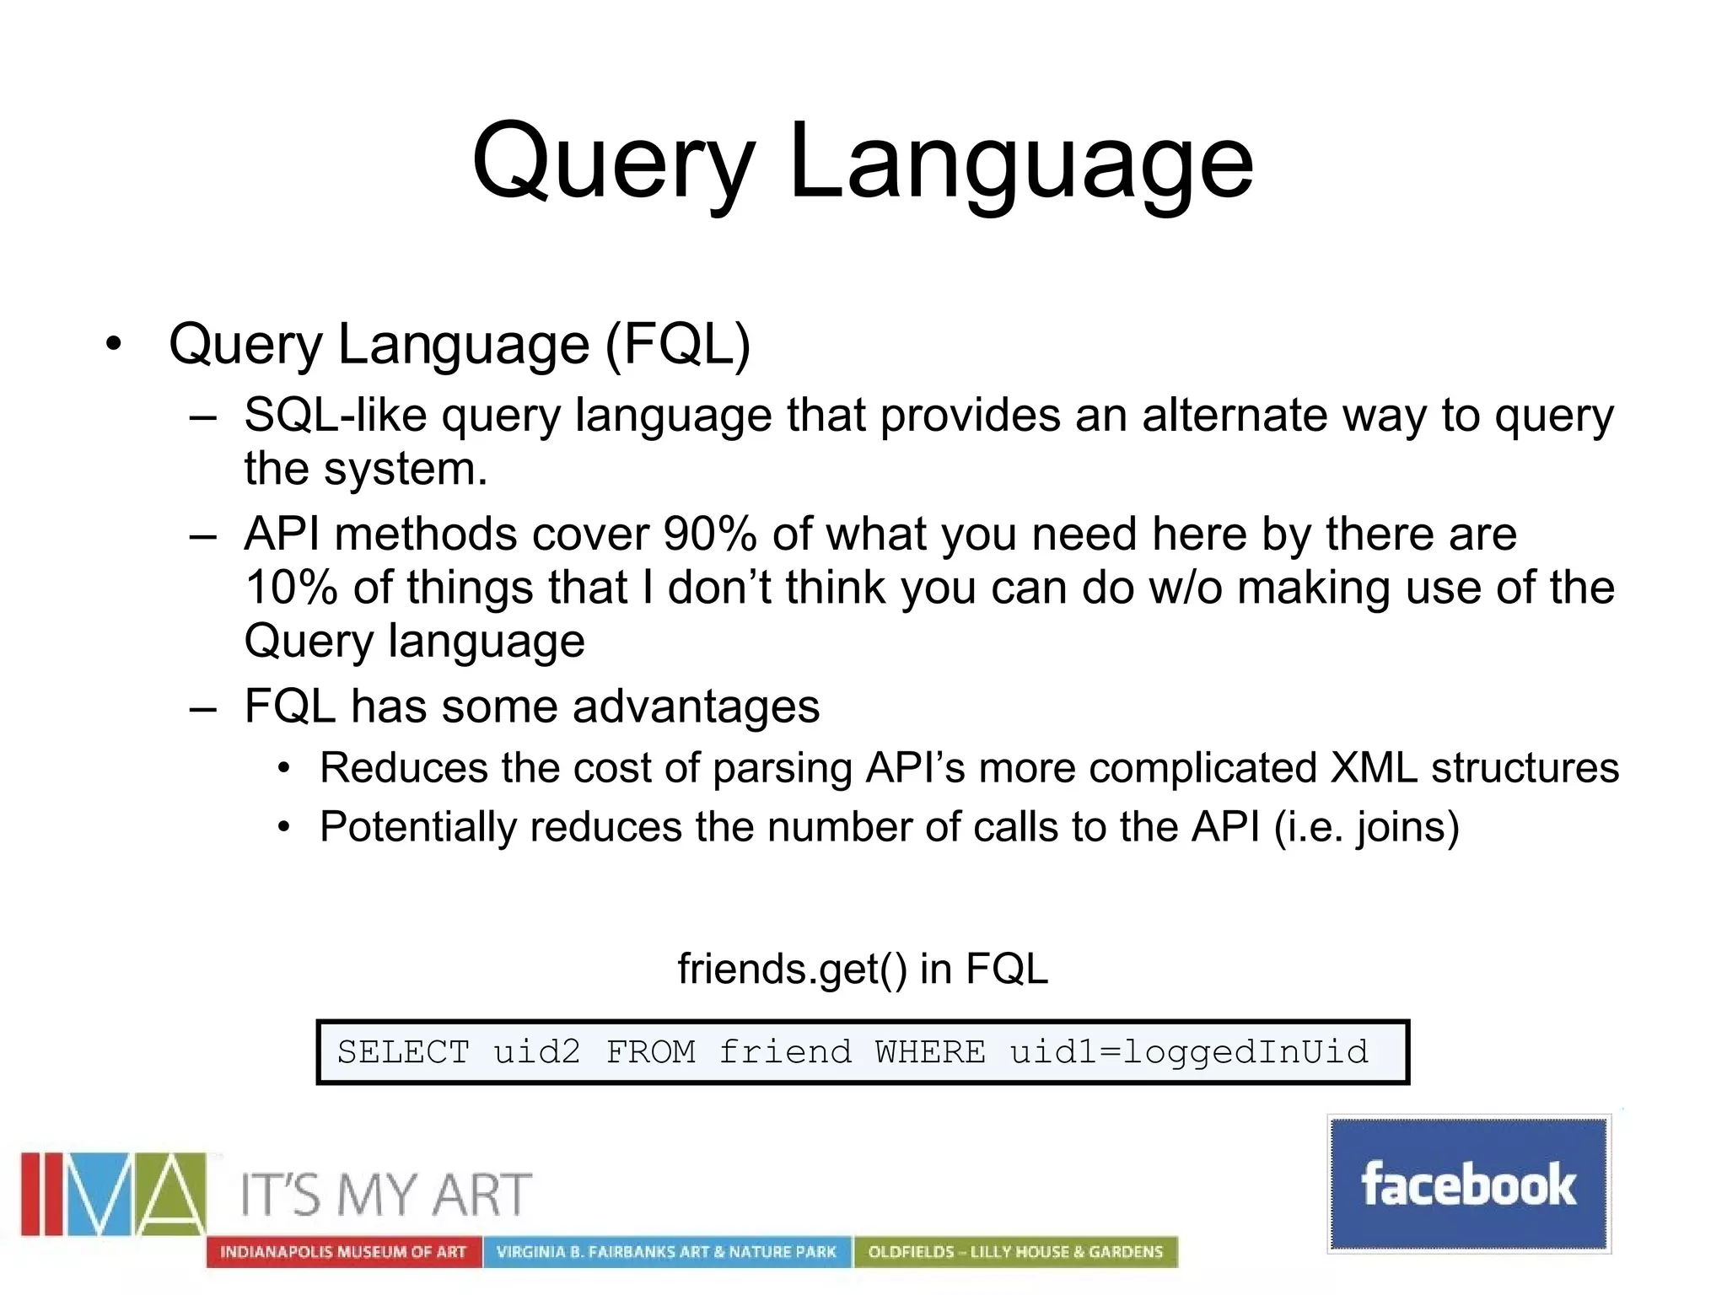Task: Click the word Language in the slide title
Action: (1020, 162)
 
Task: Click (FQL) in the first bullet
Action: (677, 345)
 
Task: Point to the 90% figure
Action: (709, 535)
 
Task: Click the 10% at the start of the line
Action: (290, 588)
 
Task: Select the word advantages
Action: (696, 707)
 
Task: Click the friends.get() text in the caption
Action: (792, 969)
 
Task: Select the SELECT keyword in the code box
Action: (403, 1052)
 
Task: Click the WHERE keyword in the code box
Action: (929, 1052)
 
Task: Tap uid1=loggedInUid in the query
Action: (1188, 1052)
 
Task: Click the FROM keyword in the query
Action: (650, 1052)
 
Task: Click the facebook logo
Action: (1468, 1184)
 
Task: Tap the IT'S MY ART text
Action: (385, 1195)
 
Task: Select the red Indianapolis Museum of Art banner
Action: (343, 1252)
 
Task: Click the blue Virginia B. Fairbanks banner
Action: (666, 1252)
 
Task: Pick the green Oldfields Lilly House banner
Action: (1015, 1252)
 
